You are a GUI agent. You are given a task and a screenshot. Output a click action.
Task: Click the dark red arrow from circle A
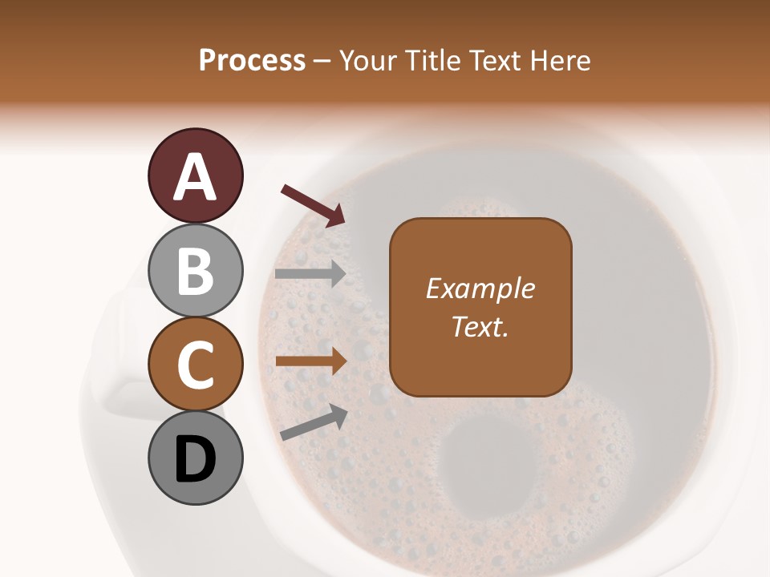[313, 205]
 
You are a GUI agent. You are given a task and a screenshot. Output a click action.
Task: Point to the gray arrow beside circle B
[310, 273]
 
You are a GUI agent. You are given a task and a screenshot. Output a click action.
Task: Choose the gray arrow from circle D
[314, 422]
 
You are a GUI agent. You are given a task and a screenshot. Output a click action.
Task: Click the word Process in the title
[252, 60]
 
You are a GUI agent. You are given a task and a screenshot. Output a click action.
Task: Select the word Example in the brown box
[480, 288]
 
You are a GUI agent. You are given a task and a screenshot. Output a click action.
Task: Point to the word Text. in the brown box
[480, 326]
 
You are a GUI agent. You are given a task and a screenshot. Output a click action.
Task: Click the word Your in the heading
[368, 60]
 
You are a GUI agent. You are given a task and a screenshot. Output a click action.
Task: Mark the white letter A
[195, 176]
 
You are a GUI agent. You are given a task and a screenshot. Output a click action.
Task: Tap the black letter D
[195, 460]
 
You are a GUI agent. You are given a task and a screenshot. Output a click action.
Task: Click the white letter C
[195, 365]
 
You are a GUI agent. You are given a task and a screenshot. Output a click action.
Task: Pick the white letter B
[195, 271]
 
